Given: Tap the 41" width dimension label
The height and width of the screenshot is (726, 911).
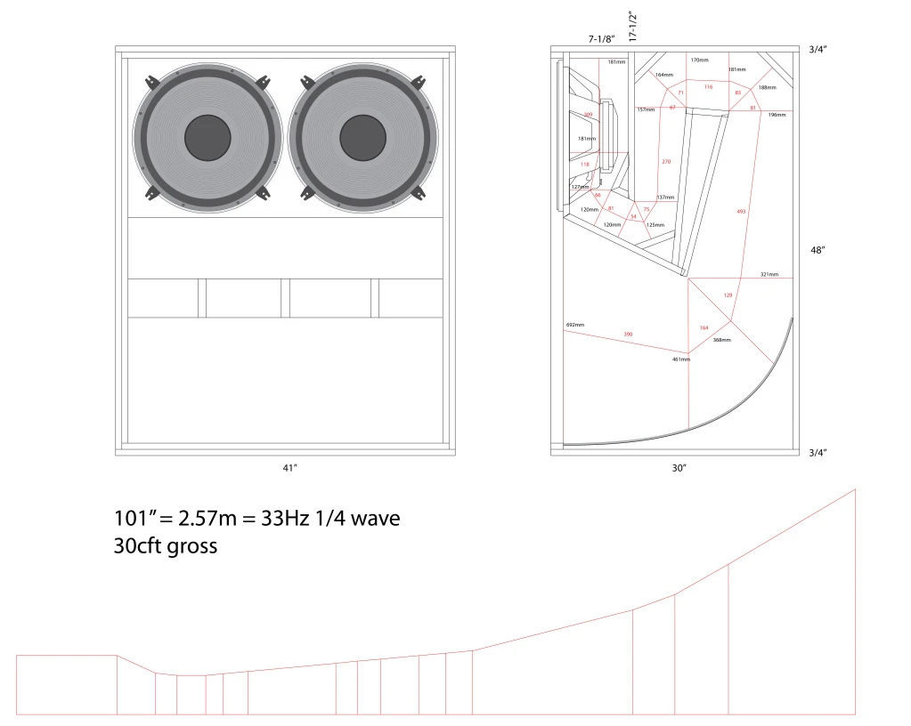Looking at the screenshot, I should pyautogui.click(x=285, y=467).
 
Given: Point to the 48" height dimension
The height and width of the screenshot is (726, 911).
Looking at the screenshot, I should pyautogui.click(x=817, y=250).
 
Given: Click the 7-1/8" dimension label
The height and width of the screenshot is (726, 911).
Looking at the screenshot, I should pyautogui.click(x=601, y=40).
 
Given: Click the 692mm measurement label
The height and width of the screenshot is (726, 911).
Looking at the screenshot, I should pyautogui.click(x=574, y=325).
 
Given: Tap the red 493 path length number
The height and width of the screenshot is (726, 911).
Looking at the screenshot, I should pyautogui.click(x=742, y=211).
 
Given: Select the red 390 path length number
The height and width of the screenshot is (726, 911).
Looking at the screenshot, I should pyautogui.click(x=628, y=335).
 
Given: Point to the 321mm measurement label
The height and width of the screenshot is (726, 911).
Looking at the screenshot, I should pyautogui.click(x=769, y=274).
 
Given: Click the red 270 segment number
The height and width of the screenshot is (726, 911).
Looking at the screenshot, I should pyautogui.click(x=666, y=161).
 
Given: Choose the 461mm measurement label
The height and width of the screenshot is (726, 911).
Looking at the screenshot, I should pyautogui.click(x=680, y=359).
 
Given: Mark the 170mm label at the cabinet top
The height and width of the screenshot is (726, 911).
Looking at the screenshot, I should pyautogui.click(x=700, y=60).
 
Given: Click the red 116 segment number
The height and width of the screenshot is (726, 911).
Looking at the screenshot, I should pyautogui.click(x=708, y=87).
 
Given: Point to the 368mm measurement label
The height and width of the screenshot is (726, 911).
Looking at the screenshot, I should pyautogui.click(x=721, y=340).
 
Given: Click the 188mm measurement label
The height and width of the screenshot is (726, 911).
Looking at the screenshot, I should pyautogui.click(x=767, y=87).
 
